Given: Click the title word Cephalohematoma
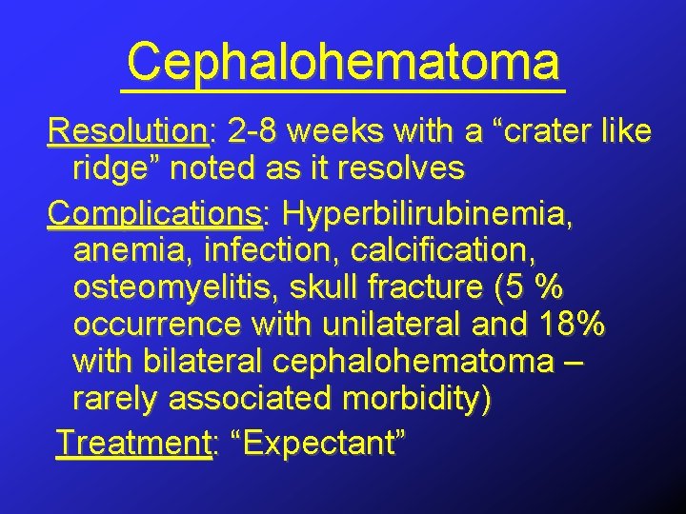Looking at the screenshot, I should coord(343,62).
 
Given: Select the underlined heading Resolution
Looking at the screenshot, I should coord(128,130).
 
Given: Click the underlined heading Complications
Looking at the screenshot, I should coord(154,208).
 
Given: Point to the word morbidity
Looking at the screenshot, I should coord(418,401).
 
